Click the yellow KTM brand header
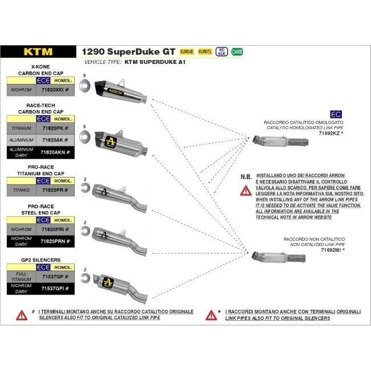38,51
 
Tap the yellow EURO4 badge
187,51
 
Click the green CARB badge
237,51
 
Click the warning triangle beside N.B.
245,190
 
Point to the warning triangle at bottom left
22,315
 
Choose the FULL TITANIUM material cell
20,276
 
